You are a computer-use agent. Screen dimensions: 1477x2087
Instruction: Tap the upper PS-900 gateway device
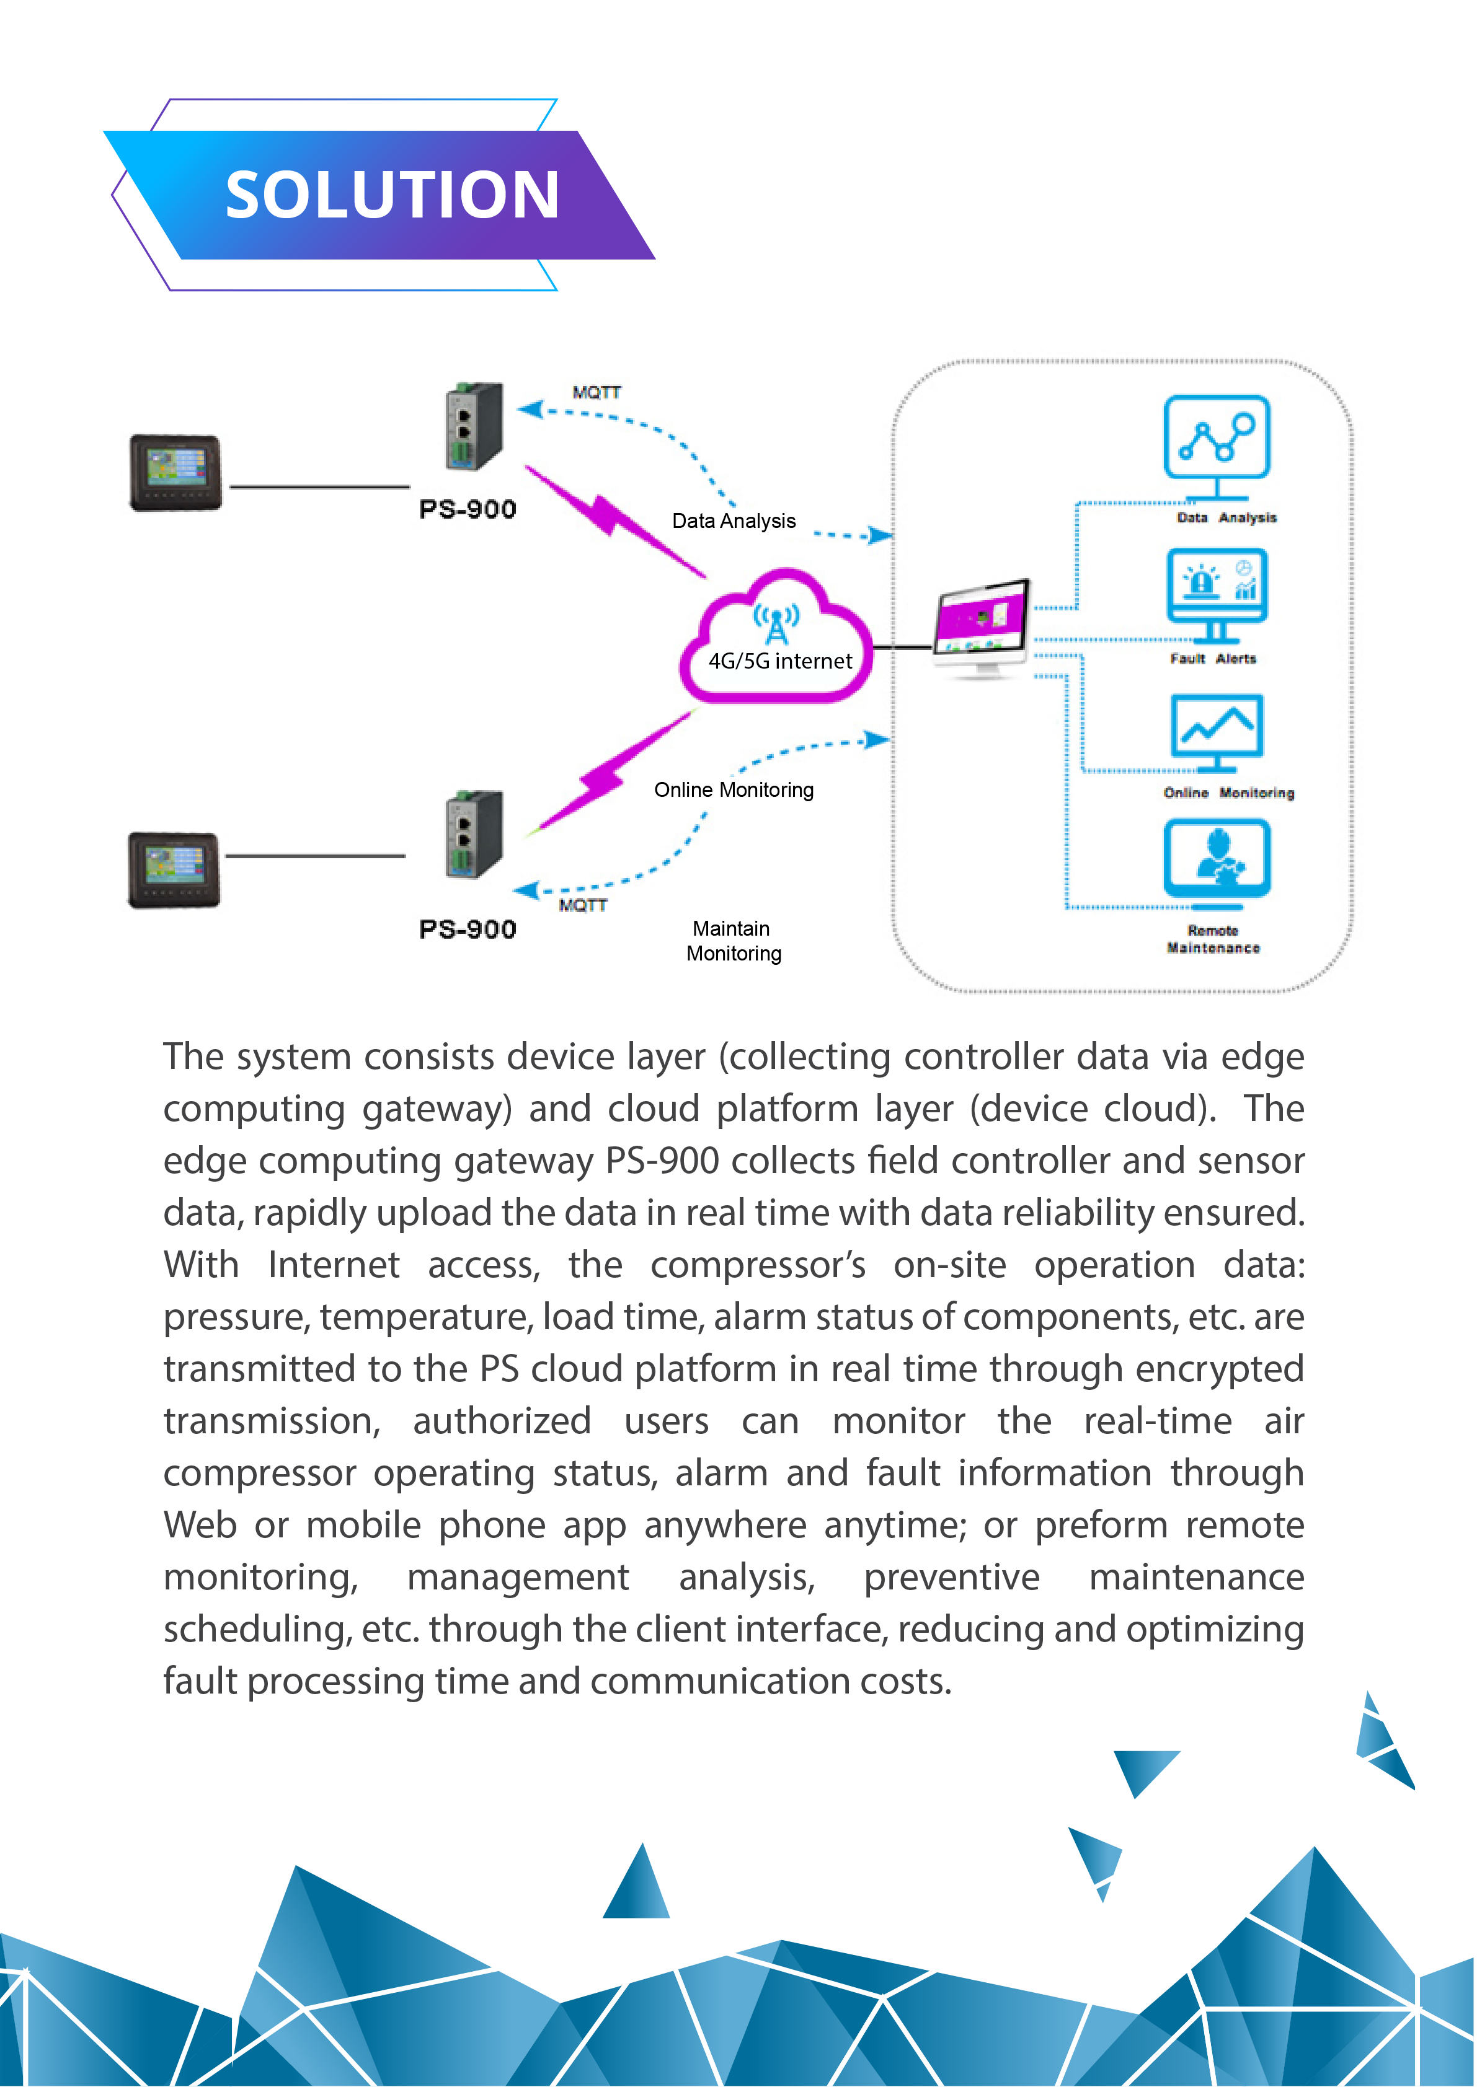pos(474,426)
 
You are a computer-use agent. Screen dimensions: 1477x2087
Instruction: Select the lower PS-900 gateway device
pos(474,833)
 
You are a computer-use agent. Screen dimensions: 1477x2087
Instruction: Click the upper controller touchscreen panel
pos(175,473)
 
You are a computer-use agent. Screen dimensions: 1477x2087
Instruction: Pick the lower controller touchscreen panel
pos(174,869)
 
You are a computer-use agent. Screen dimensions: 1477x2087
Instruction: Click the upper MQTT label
pos(597,393)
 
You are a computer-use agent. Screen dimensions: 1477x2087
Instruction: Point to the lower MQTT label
pos(583,905)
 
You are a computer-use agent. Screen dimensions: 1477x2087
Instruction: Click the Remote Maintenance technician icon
pos(1217,864)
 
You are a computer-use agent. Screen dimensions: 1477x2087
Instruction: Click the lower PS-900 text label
pos(468,929)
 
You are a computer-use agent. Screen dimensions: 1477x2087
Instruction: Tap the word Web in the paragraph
pos(200,1524)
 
